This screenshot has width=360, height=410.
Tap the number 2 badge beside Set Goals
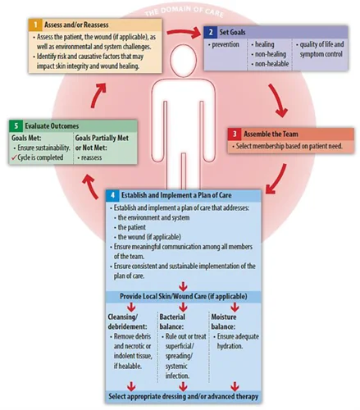tap(211, 30)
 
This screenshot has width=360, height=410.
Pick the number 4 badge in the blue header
tap(112, 196)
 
